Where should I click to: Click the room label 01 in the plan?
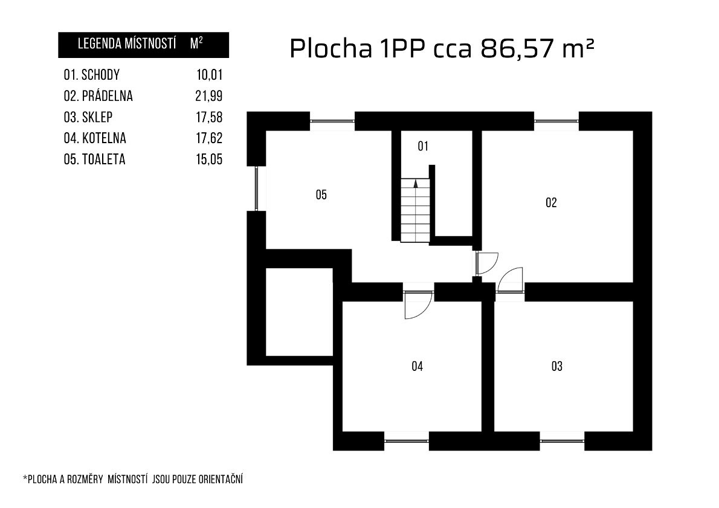coord(423,146)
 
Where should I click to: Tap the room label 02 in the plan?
coord(550,202)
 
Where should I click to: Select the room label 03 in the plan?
coord(556,366)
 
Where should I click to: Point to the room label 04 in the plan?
coord(417,366)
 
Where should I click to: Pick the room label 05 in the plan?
coord(321,195)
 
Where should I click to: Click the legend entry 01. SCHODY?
coord(92,75)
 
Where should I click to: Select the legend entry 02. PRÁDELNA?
coord(98,96)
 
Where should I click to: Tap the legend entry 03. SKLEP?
coord(88,117)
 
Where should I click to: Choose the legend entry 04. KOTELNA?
coord(95,138)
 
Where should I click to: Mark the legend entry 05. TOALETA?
coord(94,159)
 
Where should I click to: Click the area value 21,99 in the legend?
coord(208,96)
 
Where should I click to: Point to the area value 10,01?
coord(209,75)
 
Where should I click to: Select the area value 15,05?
coord(209,159)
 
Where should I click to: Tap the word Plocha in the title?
coord(330,48)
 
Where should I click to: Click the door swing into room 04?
coord(418,306)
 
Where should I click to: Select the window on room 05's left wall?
coord(257,188)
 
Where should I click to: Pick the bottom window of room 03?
coord(562,441)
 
